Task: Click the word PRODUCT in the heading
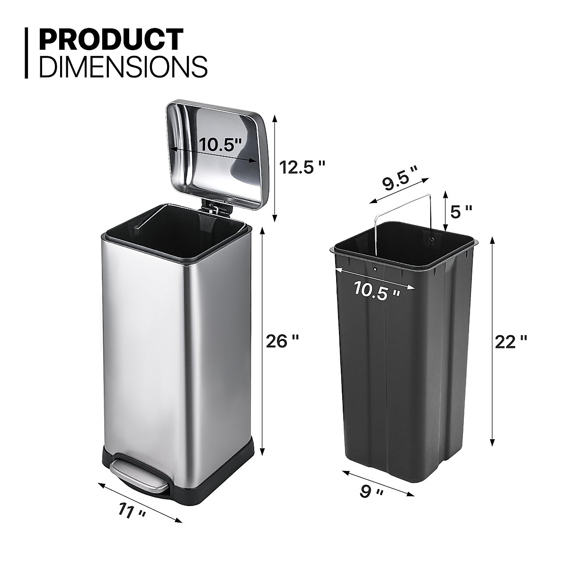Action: click(x=111, y=39)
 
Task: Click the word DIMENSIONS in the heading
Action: click(x=124, y=67)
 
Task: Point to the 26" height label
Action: click(x=283, y=341)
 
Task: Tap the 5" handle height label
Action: click(x=461, y=212)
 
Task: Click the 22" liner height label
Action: click(x=510, y=341)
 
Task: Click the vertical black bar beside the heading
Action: click(x=27, y=53)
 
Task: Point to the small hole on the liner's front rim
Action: click(x=375, y=269)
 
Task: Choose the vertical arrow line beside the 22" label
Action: click(x=493, y=341)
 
